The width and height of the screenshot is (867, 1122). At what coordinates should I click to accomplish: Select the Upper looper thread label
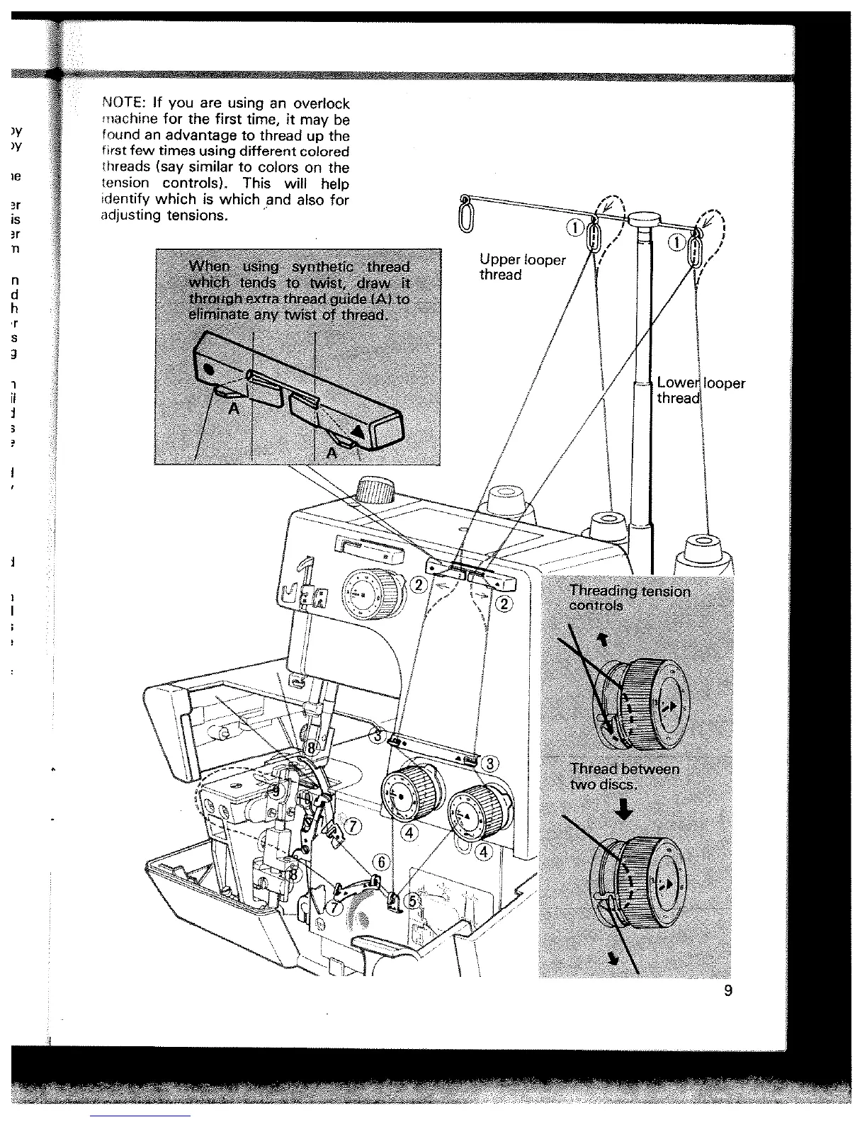[x=522, y=267]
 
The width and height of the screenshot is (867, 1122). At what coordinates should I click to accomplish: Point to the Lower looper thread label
[x=700, y=390]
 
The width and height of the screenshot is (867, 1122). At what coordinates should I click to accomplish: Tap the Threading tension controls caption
[x=629, y=598]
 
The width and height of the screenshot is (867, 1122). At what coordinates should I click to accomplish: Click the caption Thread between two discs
[x=624, y=776]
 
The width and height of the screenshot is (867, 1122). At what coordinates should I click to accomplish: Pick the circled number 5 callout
[x=414, y=897]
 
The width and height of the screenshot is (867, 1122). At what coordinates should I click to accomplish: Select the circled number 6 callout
[x=381, y=862]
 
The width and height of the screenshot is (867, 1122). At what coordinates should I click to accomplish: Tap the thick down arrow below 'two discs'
[x=624, y=810]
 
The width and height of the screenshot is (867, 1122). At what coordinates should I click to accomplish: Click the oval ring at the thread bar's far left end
[x=465, y=215]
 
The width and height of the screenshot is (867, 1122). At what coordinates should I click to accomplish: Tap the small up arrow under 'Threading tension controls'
[x=604, y=640]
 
